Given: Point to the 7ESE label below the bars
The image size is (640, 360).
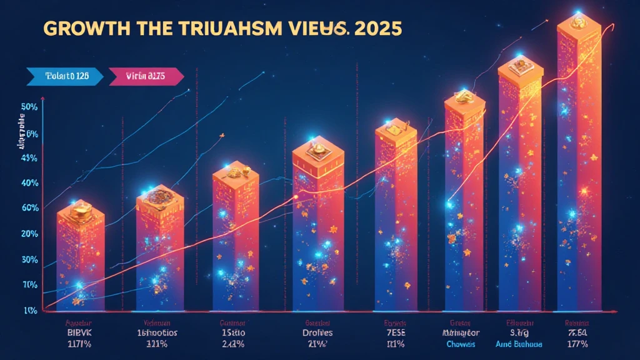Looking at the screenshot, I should (396, 333).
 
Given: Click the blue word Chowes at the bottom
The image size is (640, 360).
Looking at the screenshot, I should (461, 344).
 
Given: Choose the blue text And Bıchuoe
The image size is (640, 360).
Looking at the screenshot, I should (519, 344).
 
